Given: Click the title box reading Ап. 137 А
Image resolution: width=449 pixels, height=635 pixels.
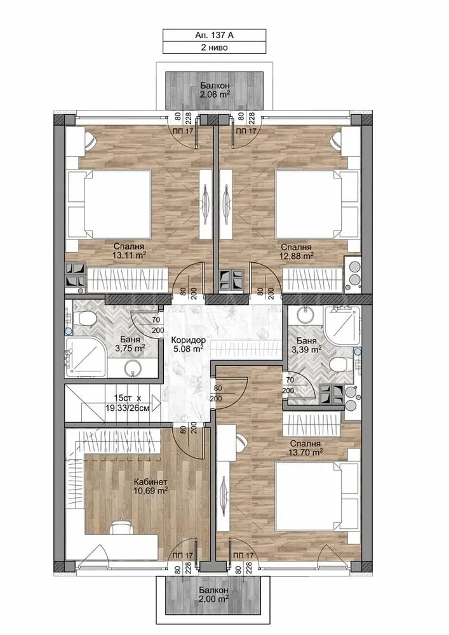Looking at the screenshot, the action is pyautogui.click(x=214, y=35).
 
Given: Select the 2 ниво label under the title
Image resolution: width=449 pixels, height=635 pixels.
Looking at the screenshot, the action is pyautogui.click(x=214, y=48).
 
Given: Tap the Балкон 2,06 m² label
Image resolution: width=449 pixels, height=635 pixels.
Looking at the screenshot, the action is pyautogui.click(x=215, y=90).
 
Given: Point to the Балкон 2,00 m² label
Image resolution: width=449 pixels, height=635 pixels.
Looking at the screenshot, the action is pyautogui.click(x=213, y=594).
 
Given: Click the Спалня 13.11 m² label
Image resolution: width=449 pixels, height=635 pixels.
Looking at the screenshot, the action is pyautogui.click(x=129, y=251).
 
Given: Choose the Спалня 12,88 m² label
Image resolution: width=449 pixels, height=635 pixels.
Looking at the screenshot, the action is pyautogui.click(x=296, y=251).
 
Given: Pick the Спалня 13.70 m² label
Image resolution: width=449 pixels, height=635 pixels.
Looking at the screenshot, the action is pyautogui.click(x=305, y=448).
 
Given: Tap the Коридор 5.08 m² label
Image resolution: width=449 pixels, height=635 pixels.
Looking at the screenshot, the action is pyautogui.click(x=187, y=344).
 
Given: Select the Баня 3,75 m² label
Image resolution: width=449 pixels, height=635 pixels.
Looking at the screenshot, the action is pyautogui.click(x=130, y=344).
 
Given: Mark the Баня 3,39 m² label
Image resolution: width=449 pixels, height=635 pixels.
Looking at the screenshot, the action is pyautogui.click(x=307, y=345).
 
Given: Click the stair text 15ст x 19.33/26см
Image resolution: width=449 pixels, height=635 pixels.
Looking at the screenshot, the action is pyautogui.click(x=127, y=404).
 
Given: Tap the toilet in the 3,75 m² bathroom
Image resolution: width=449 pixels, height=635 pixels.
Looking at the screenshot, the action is pyautogui.click(x=83, y=318).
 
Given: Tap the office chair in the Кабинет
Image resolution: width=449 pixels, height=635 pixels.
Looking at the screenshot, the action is pyautogui.click(x=121, y=527).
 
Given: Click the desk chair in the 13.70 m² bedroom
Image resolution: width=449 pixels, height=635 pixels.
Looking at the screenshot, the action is pyautogui.click(x=241, y=441).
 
